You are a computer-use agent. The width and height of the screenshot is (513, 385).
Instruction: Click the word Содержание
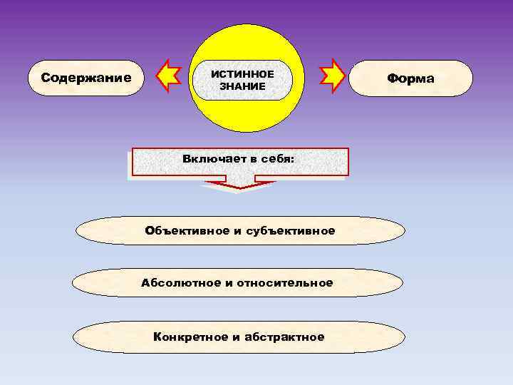[x=86, y=78]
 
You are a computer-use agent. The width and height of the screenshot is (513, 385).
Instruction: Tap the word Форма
[x=410, y=78]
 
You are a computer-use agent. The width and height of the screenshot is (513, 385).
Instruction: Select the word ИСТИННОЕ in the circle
[x=242, y=74]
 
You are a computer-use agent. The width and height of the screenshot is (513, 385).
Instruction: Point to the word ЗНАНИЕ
[x=242, y=86]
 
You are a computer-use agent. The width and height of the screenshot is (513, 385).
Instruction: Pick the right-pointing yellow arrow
[x=333, y=76]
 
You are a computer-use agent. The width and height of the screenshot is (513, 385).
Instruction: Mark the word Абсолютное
[x=181, y=283]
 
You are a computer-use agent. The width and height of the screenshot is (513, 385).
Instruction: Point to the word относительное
[x=285, y=283]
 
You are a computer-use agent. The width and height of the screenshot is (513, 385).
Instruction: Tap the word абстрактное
[x=284, y=337]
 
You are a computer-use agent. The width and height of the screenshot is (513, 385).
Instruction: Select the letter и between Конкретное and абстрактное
[x=236, y=337]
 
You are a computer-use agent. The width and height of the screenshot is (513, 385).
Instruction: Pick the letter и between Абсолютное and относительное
[x=229, y=284]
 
